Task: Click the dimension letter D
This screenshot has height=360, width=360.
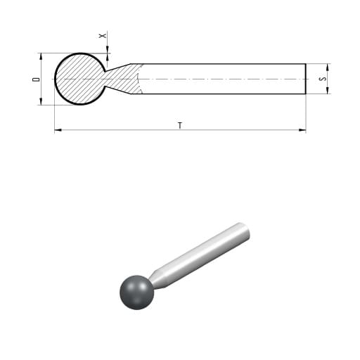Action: [x=36, y=79]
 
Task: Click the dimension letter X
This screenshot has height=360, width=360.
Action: [x=103, y=36]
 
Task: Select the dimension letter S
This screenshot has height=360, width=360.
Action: [x=323, y=79]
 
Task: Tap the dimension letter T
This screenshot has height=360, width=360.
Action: [x=180, y=125]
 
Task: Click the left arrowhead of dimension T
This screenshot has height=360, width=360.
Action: [x=58, y=130]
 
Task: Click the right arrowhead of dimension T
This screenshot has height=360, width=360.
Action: [x=302, y=130]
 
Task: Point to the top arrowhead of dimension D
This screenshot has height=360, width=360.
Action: [x=41, y=56]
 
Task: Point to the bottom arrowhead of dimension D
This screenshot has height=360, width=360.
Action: [x=41, y=101]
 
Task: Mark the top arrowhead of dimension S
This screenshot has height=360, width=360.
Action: [x=328, y=67]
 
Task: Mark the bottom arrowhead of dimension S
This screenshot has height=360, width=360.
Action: [x=328, y=90]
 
